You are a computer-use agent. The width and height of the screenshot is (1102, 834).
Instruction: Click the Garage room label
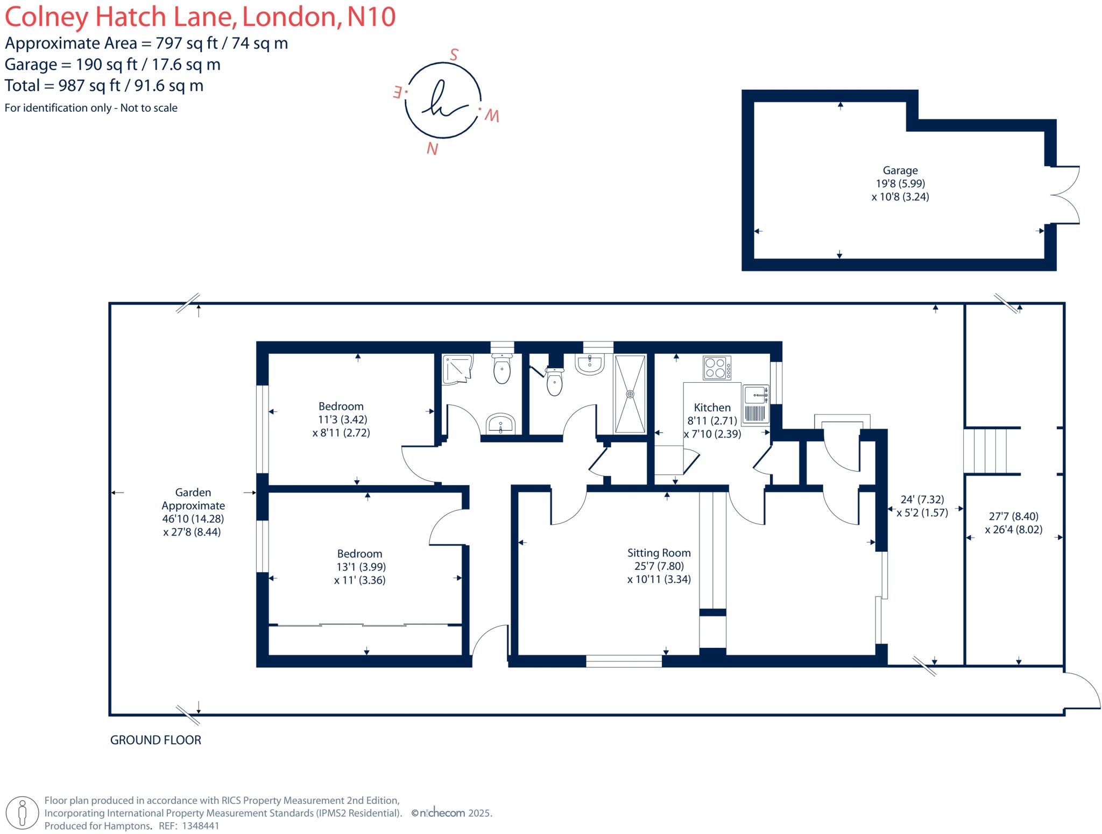point(900,170)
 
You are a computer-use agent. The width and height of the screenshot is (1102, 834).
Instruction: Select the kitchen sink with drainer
point(755,403)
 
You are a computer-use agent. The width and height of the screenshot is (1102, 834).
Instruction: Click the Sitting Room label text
point(659,553)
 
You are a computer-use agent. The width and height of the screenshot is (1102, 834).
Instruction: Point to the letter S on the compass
point(454,55)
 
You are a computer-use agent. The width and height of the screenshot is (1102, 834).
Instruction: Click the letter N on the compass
point(432,148)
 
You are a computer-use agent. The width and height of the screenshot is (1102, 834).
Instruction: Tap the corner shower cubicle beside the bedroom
point(457,369)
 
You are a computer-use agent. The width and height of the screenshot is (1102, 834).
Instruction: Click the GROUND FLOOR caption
point(156,740)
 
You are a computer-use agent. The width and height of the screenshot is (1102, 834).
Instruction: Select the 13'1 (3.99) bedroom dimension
point(359,567)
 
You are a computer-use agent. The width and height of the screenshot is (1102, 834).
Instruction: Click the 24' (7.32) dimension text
point(922,500)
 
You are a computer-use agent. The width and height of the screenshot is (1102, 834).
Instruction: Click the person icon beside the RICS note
point(22,813)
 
